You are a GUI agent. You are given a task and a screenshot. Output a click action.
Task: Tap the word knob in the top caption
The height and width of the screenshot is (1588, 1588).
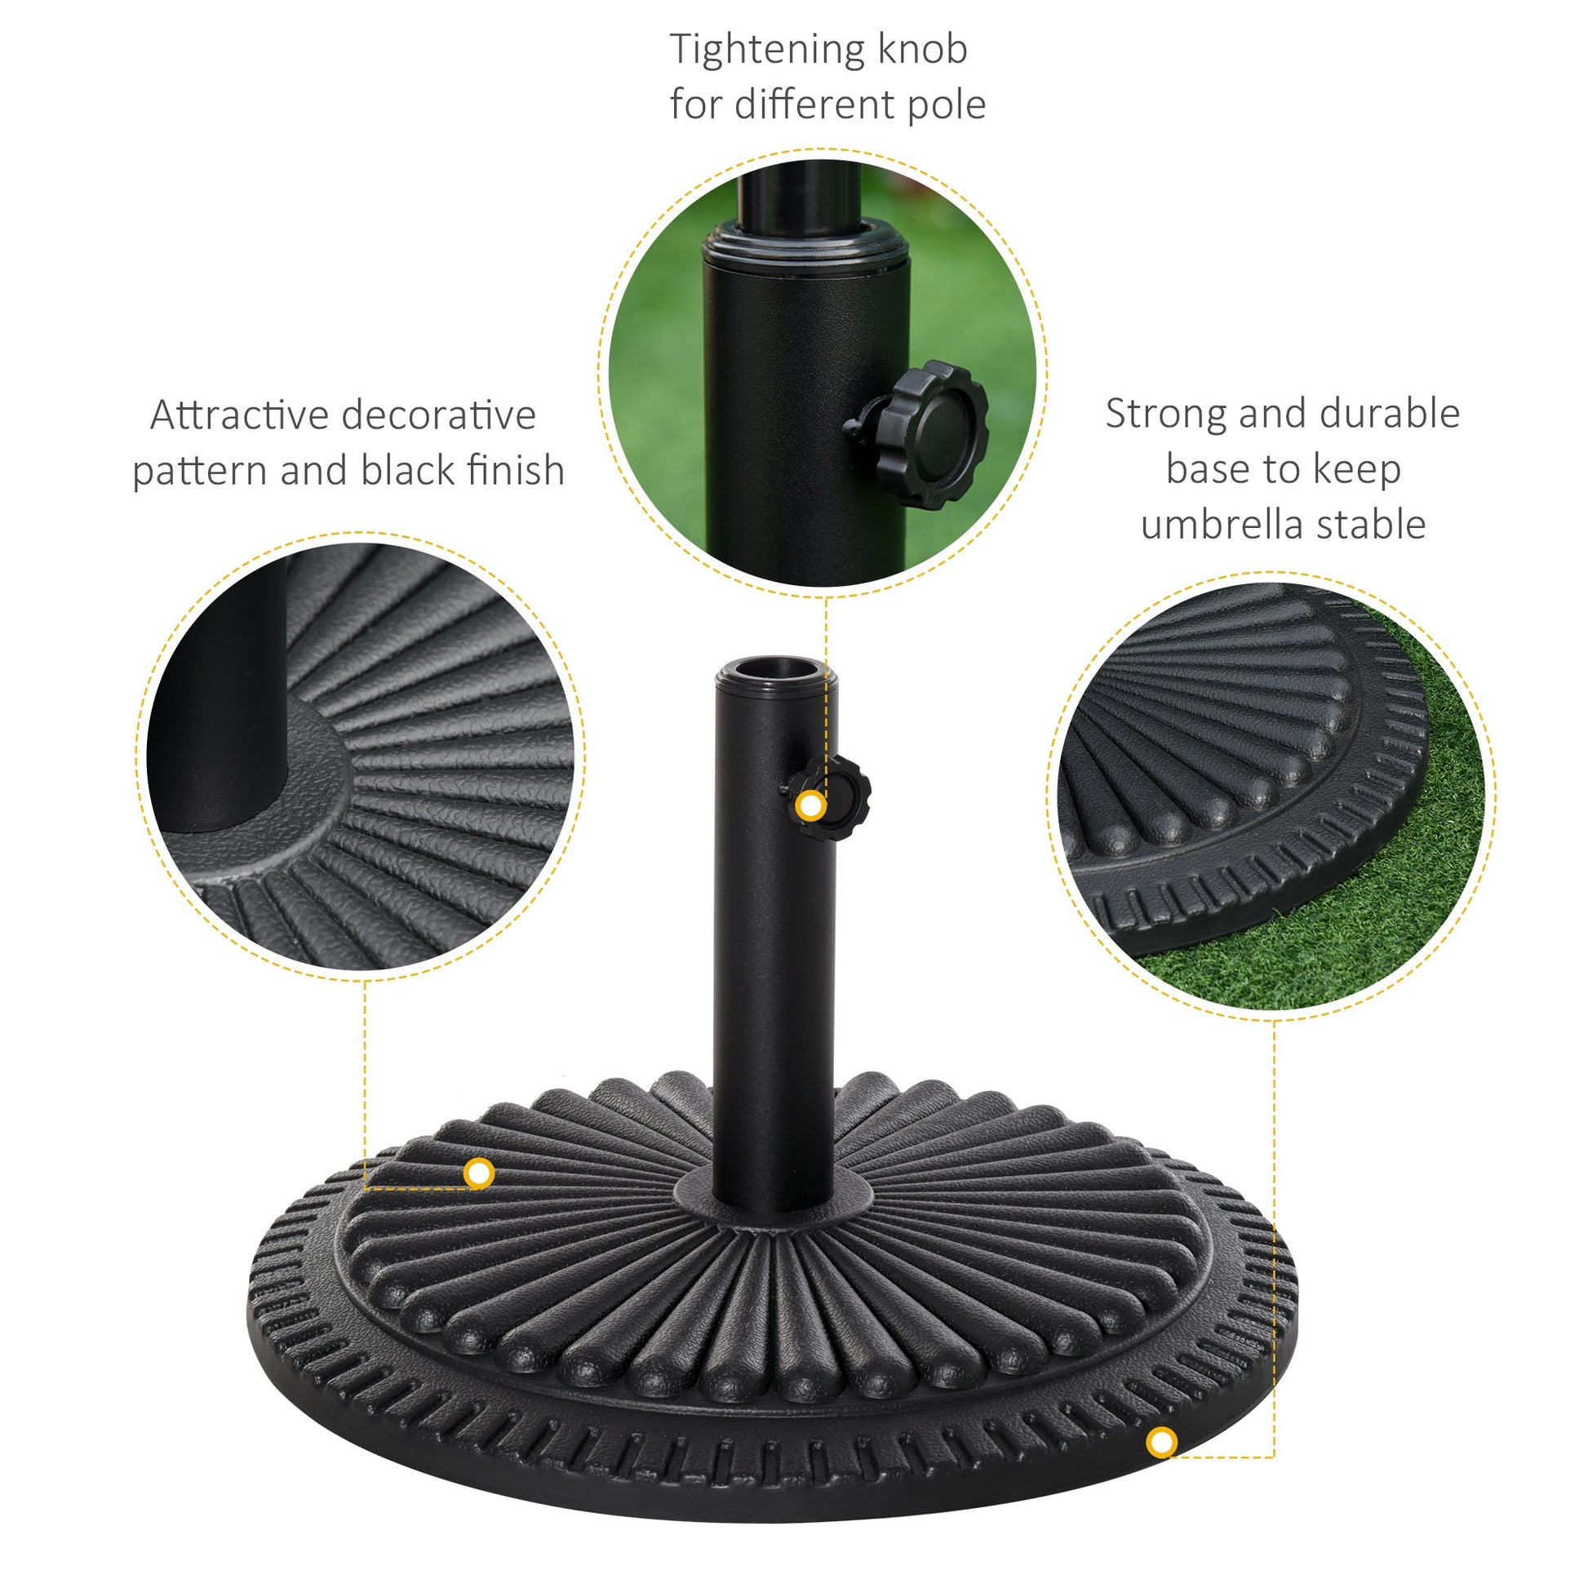point(923,49)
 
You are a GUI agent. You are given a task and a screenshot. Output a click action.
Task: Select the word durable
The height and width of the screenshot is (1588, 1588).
point(1389,414)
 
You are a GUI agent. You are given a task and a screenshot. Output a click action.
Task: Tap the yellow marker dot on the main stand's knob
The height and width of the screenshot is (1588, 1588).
point(811,806)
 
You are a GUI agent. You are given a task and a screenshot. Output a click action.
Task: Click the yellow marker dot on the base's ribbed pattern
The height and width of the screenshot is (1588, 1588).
point(478,1173)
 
